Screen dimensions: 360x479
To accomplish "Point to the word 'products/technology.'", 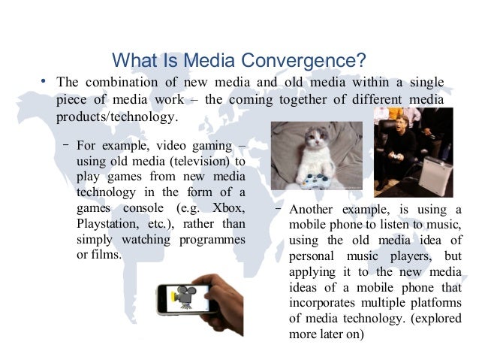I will point(118,117).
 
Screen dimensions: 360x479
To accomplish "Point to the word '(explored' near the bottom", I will point(435,319).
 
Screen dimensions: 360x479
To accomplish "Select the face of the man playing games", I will point(397,120).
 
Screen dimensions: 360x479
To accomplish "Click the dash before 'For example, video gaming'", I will point(67,144).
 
